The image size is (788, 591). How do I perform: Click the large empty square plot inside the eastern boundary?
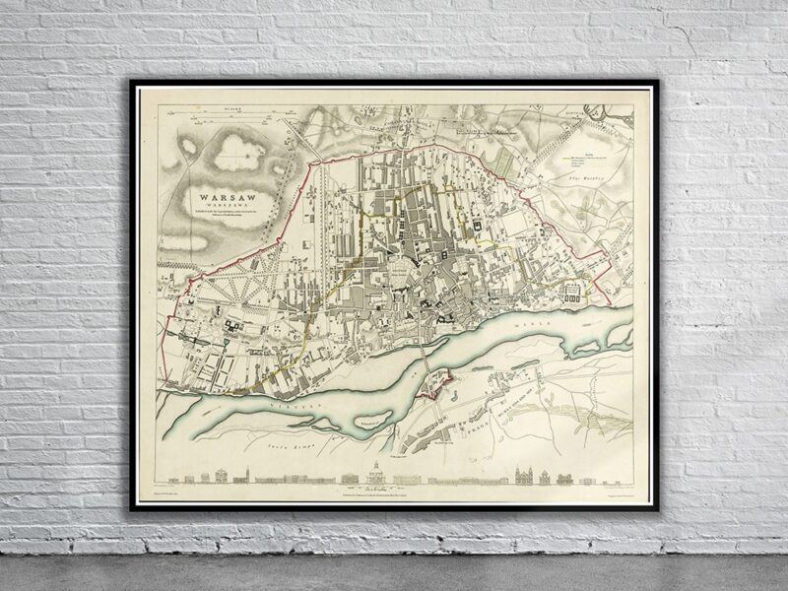(574, 291)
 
